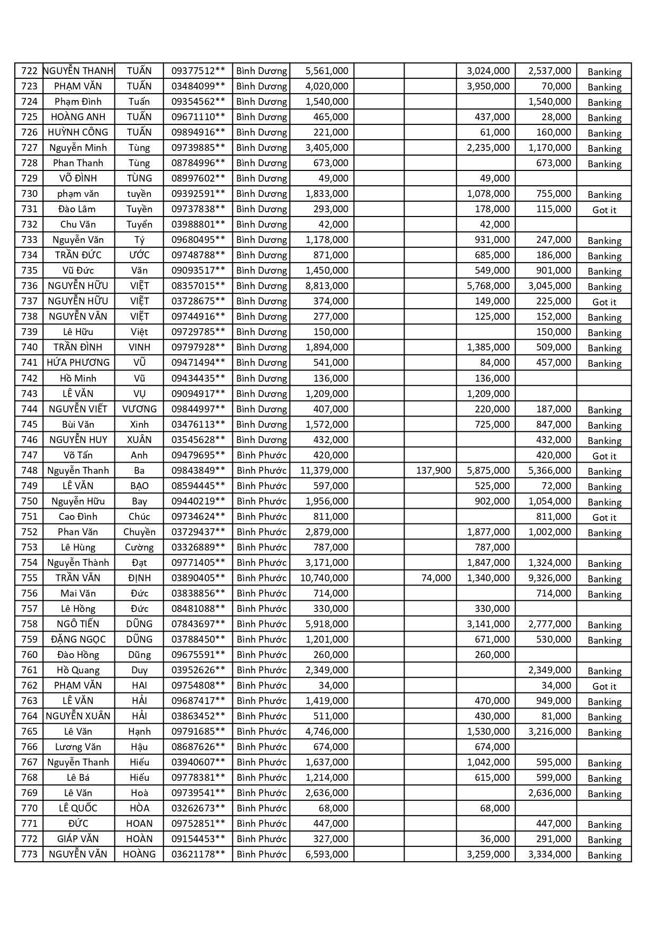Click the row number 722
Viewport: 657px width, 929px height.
pyautogui.click(x=29, y=71)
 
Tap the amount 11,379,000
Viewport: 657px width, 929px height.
pyautogui.click(x=324, y=471)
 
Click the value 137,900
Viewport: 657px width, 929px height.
pyautogui.click(x=434, y=471)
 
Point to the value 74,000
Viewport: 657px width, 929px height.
pyautogui.click(x=436, y=578)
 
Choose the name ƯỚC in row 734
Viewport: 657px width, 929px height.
pyautogui.click(x=139, y=255)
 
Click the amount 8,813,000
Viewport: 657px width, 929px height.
pyautogui.click(x=327, y=286)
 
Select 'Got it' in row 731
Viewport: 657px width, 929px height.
pyautogui.click(x=604, y=210)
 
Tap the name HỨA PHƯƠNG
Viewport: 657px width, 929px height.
pyautogui.click(x=78, y=363)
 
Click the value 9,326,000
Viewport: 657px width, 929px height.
pyautogui.click(x=550, y=578)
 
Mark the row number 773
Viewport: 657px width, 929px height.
pyautogui.click(x=29, y=854)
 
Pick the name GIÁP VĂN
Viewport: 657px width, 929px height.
pyautogui.click(x=78, y=839)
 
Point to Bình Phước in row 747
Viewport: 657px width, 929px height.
pyautogui.click(x=262, y=455)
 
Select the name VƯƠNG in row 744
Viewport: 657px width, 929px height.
pyautogui.click(x=139, y=409)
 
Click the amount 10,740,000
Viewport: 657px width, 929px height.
pyautogui.click(x=324, y=578)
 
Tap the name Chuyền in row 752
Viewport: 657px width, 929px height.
pyautogui.click(x=139, y=532)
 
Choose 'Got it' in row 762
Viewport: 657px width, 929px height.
pyautogui.click(x=604, y=687)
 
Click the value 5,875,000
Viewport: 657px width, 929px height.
pyautogui.click(x=488, y=471)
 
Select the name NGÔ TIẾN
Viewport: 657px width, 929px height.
pyautogui.click(x=78, y=624)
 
